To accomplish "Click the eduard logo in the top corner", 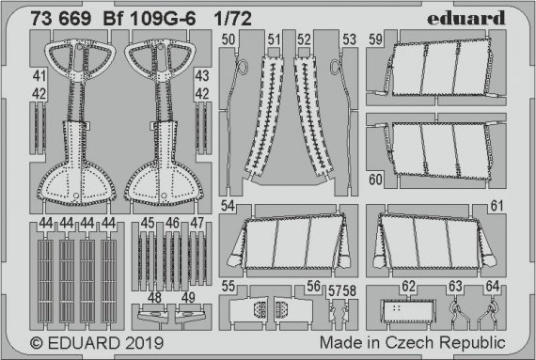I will (x=483, y=14).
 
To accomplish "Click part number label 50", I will (x=229, y=39).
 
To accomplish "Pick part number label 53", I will (x=349, y=39).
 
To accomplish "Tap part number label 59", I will (x=375, y=40).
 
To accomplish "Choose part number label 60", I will (x=375, y=179).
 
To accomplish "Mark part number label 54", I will (x=229, y=205).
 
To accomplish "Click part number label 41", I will (x=39, y=73).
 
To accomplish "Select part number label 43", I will (x=201, y=73).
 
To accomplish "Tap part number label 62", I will (x=407, y=286).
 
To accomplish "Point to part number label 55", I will (x=229, y=286).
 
